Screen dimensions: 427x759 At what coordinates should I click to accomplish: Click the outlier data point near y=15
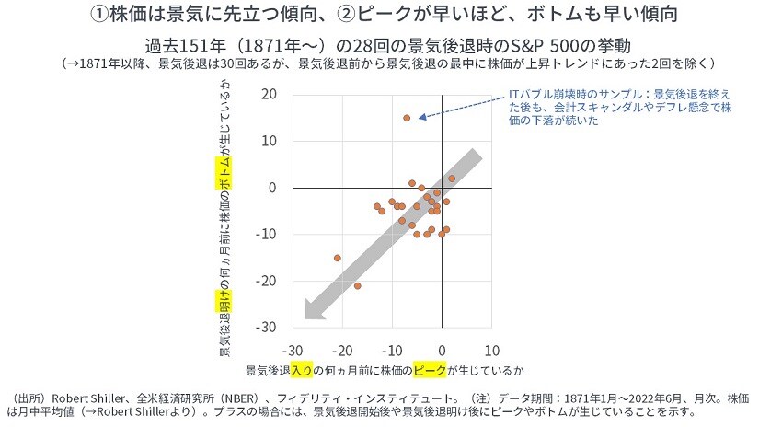[407, 118]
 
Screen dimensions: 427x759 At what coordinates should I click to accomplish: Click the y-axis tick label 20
[269, 94]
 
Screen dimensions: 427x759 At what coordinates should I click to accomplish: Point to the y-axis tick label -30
[266, 327]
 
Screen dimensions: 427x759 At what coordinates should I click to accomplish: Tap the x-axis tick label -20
[340, 351]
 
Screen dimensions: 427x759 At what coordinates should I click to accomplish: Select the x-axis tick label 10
[491, 351]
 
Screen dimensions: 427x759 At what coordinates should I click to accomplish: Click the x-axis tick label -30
[291, 351]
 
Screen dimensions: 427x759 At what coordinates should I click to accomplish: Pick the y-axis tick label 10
[269, 141]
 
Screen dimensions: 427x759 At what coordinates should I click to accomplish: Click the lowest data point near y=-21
[357, 285]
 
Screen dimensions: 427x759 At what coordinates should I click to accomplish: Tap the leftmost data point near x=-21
[338, 258]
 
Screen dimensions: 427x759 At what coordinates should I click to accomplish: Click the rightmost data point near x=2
[451, 179]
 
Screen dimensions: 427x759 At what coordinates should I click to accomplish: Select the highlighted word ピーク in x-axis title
[431, 370]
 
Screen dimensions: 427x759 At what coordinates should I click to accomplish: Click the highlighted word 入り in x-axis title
[303, 370]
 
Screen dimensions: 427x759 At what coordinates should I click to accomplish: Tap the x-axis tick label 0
[442, 351]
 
